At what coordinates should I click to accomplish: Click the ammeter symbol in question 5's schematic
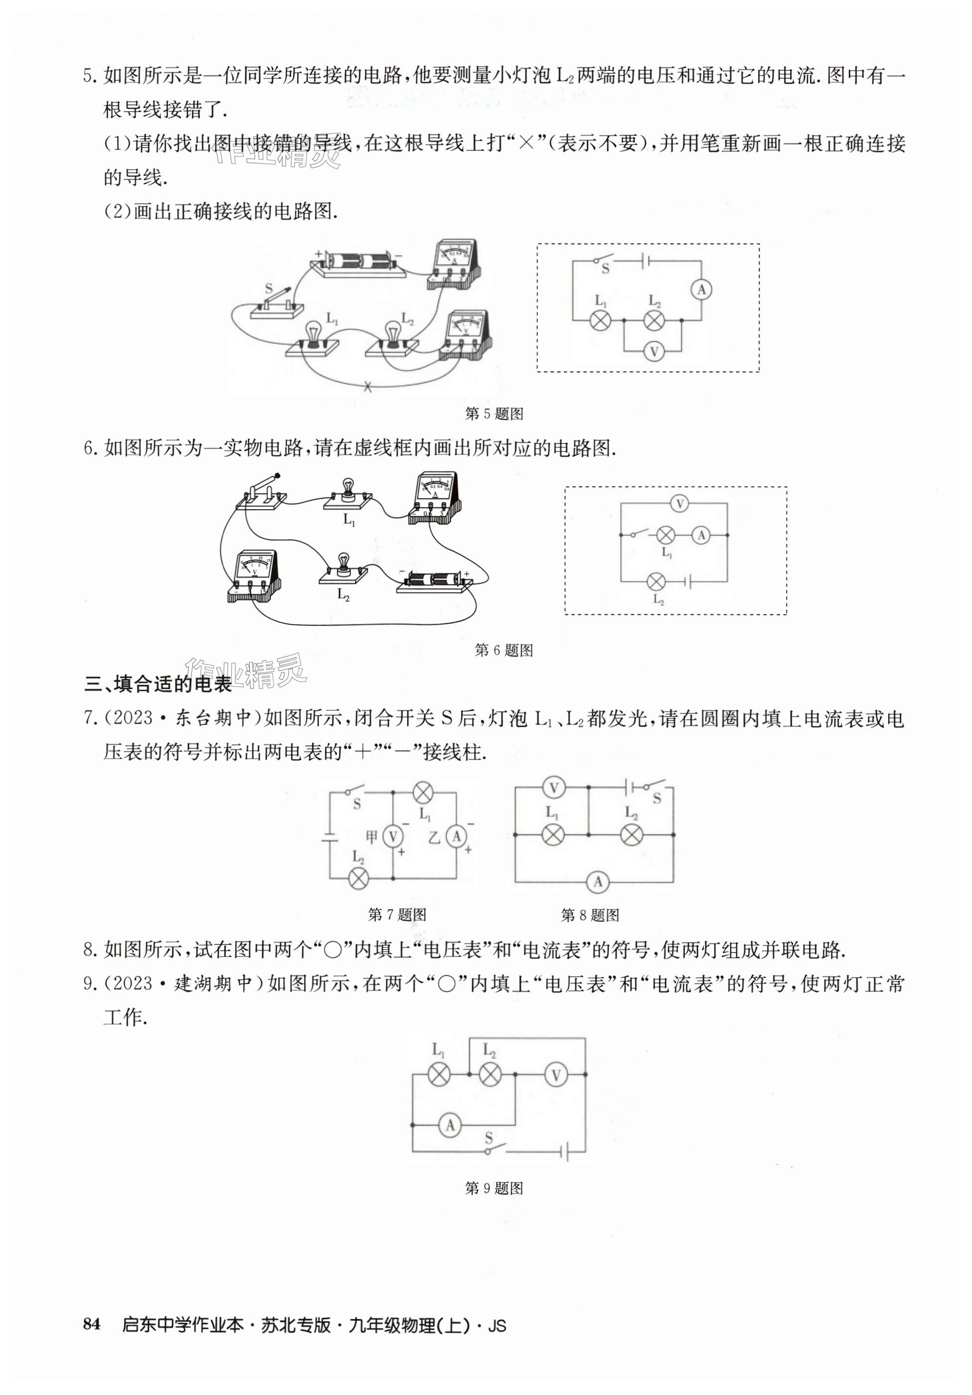701,290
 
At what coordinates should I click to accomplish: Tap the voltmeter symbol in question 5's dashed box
653,351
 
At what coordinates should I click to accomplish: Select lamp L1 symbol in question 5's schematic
600,320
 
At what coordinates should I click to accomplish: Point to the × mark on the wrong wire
367,387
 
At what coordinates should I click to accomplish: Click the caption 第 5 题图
493,414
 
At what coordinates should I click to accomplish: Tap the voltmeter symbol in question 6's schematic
679,503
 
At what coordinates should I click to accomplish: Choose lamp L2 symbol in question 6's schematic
656,582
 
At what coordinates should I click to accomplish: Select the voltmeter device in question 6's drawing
254,575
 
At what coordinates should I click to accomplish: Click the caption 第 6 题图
503,650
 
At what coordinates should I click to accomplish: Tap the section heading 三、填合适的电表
158,684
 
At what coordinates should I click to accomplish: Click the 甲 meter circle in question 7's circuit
393,837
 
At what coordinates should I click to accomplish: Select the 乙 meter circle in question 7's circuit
456,837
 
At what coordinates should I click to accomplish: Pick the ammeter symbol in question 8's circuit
598,882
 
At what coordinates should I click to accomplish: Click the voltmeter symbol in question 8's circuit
553,789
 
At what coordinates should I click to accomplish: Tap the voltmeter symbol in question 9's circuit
555,1075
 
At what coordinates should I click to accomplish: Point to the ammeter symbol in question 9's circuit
450,1125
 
